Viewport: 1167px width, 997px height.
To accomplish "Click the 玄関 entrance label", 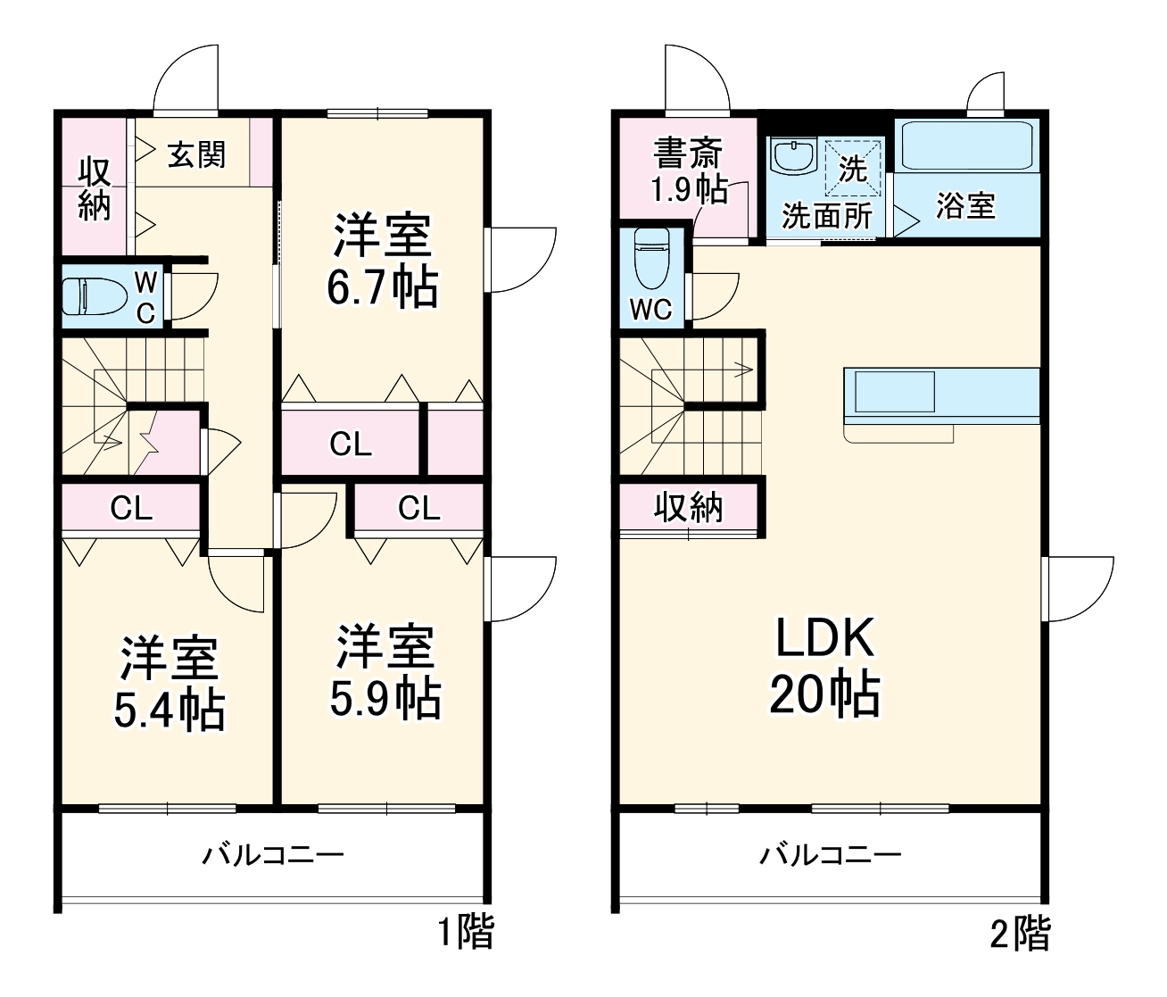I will coord(197,154).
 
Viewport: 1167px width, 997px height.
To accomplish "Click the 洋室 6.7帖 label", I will coord(382,261).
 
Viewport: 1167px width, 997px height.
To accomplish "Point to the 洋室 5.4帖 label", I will coord(169,684).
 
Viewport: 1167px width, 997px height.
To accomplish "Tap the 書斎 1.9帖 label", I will coord(688,170).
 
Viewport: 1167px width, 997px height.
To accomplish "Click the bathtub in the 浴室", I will coord(967,145).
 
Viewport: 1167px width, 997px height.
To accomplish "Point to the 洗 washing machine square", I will coord(853,168).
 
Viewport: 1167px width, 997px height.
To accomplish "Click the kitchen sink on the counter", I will coord(895,391).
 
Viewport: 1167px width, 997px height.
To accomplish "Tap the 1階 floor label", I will coord(465,933).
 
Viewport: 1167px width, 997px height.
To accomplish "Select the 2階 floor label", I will coord(1021,933).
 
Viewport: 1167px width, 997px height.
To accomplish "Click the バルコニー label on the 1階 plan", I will coord(272,856).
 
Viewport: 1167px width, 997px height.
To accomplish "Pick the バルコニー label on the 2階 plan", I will coord(830,856).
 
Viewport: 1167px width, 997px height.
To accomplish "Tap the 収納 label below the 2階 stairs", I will coord(689,507).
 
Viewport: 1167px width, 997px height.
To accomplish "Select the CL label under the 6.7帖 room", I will coord(350,444).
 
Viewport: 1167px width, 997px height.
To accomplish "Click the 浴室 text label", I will coord(965,206).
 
